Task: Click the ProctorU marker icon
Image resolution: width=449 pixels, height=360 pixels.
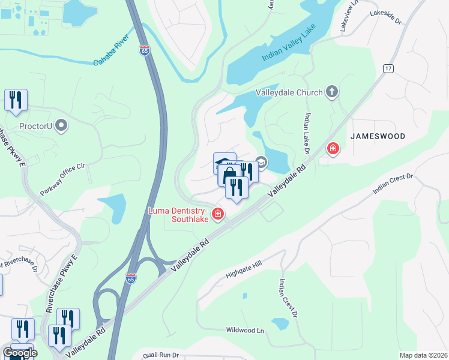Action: [61, 125]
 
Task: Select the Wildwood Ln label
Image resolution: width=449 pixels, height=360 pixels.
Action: [245, 330]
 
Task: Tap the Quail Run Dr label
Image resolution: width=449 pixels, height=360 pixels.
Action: [157, 355]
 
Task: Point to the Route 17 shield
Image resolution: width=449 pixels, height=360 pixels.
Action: [389, 69]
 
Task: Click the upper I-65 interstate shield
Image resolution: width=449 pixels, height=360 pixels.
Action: [145, 51]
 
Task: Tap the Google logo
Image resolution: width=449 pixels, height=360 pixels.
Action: [20, 353]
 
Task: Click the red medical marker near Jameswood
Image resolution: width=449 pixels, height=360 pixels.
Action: [332, 148]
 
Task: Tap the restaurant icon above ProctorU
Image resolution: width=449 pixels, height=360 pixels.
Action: [16, 100]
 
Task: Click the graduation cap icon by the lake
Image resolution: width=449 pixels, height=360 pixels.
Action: [261, 162]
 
